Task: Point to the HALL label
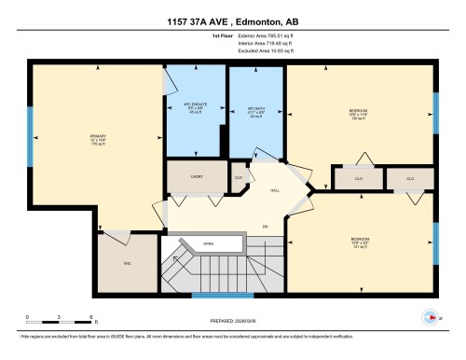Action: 276,190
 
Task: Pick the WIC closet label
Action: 127,264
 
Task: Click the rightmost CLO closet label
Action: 410,178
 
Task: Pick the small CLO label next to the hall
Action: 239,176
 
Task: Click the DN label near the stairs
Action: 265,226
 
